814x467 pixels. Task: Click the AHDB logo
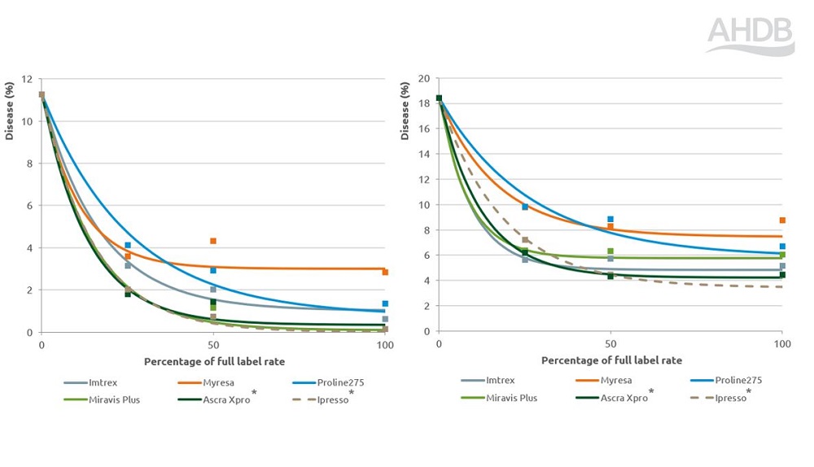tap(750, 36)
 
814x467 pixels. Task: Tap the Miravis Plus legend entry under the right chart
tap(512, 398)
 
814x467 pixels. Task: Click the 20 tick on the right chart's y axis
tap(423, 80)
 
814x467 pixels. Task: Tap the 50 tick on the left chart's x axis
tap(213, 346)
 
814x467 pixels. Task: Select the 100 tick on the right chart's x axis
tap(781, 345)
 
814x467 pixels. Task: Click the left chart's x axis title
tap(214, 360)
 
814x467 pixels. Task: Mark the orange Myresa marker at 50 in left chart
tap(213, 241)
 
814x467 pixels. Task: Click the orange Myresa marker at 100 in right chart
tap(782, 220)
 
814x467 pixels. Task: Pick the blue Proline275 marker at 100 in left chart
tap(385, 303)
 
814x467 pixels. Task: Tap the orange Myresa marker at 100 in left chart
tap(385, 273)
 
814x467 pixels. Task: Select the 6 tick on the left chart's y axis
tap(29, 206)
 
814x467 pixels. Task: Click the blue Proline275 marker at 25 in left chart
tap(128, 245)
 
